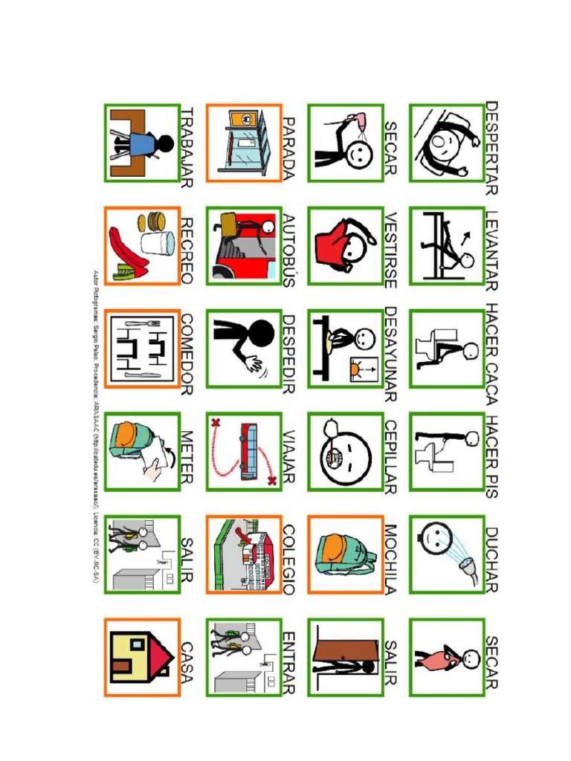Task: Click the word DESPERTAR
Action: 491,147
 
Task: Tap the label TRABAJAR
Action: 187,147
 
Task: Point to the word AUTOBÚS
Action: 289,250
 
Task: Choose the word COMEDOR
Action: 187,354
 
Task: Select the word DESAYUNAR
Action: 391,354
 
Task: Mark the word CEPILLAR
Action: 391,456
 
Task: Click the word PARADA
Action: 289,148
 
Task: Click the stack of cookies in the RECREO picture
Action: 155,221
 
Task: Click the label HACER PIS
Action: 491,455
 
